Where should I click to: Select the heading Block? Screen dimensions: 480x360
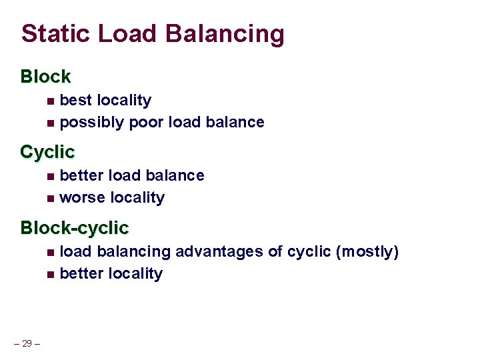point(45,77)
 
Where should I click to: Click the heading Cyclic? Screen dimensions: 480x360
point(47,152)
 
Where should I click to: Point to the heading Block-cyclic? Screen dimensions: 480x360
point(74,228)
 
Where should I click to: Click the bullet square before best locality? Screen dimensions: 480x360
point(51,101)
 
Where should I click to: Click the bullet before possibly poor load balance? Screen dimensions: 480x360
point(51,123)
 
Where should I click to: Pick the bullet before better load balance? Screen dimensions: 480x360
point(51,177)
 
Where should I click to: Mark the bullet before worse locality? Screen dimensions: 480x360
point(51,199)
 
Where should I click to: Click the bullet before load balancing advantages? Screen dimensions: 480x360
point(51,253)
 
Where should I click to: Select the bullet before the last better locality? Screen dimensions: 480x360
point(51,275)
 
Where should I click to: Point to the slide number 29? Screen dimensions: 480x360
point(27,343)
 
